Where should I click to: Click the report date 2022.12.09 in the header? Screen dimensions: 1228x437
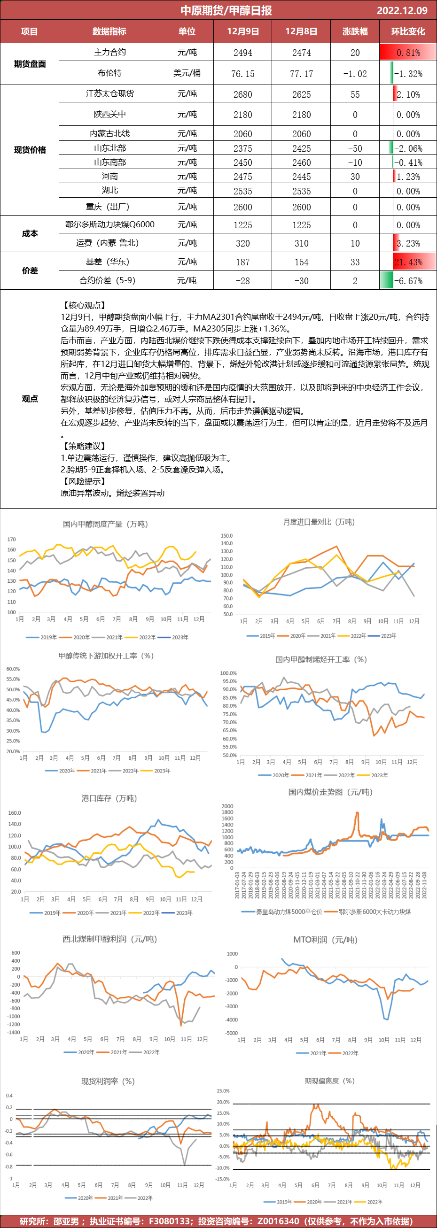pyautogui.click(x=402, y=10)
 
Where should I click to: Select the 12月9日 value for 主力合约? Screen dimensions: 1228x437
pyautogui.click(x=243, y=53)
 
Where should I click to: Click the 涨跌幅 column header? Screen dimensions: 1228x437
pyautogui.click(x=355, y=31)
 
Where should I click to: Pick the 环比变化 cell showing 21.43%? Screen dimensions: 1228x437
pyautogui.click(x=408, y=262)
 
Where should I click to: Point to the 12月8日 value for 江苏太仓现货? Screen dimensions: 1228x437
pyautogui.click(x=301, y=94)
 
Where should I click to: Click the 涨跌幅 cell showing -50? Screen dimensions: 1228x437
pyautogui.click(x=355, y=148)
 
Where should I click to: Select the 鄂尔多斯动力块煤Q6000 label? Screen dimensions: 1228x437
pyautogui.click(x=110, y=224)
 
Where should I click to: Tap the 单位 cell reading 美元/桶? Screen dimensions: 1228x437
pyautogui.click(x=187, y=73)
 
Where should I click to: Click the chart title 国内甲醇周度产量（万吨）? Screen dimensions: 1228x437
pyautogui.click(x=105, y=524)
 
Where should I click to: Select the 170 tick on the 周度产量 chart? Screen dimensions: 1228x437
pyautogui.click(x=11, y=539)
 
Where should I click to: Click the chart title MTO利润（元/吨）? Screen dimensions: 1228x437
pyautogui.click(x=325, y=940)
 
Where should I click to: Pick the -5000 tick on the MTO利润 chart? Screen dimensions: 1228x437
pyautogui.click(x=231, y=1033)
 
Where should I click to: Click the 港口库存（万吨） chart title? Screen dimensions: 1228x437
pyautogui.click(x=109, y=798)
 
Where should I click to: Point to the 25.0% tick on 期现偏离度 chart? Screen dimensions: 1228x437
pyautogui.click(x=223, y=1091)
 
